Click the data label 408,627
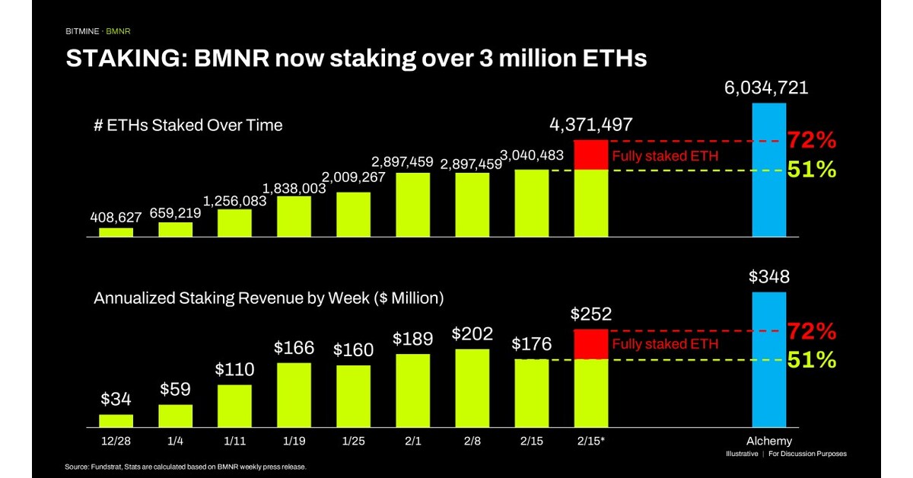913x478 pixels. (116, 216)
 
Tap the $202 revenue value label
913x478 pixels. (472, 333)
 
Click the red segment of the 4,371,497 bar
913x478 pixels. (590, 155)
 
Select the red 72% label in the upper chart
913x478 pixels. (812, 141)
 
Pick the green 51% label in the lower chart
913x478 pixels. (812, 359)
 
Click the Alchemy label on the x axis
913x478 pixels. (768, 441)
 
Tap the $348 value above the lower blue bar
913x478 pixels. (768, 277)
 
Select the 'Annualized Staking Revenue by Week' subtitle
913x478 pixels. (268, 298)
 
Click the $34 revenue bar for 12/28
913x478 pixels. (116, 420)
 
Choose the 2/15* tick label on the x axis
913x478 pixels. (590, 441)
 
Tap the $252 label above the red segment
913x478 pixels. (590, 314)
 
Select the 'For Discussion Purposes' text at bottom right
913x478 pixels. (810, 454)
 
